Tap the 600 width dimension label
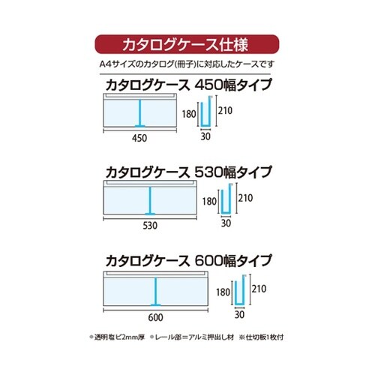155,317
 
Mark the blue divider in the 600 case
156,292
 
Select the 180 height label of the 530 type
210,202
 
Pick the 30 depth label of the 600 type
241,317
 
